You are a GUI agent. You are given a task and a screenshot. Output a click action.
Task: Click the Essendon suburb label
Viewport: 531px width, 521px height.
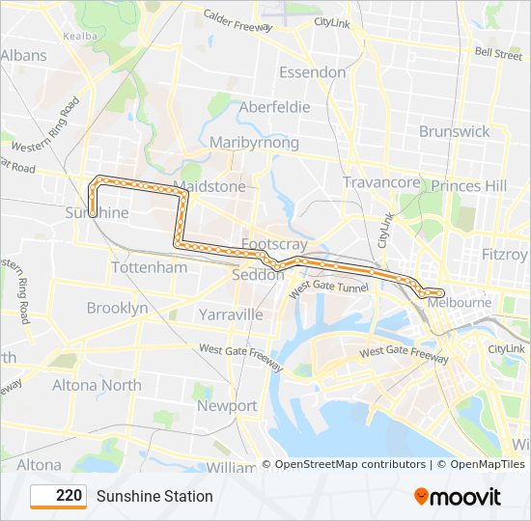click(312, 72)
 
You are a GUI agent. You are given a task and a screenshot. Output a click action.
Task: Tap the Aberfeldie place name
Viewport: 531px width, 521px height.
click(274, 107)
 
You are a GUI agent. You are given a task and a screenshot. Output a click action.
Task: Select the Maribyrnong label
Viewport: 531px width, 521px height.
click(254, 143)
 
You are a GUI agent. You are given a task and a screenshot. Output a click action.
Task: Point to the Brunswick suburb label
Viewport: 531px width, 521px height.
click(455, 131)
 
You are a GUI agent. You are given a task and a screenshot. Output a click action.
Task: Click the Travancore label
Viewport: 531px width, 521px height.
click(382, 182)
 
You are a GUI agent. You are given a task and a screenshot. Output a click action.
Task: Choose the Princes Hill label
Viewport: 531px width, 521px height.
click(469, 185)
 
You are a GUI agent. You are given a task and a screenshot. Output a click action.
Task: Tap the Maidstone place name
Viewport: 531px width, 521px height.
click(210, 185)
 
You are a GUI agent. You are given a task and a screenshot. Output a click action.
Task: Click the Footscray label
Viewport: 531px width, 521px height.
click(275, 244)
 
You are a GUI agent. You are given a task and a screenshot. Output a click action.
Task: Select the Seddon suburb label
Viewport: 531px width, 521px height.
click(259, 275)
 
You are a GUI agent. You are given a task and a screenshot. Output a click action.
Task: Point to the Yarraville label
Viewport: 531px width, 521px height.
click(231, 315)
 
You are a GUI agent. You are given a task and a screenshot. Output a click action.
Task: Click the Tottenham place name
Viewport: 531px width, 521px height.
click(150, 267)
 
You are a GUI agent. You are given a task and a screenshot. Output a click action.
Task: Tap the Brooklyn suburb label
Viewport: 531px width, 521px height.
click(118, 308)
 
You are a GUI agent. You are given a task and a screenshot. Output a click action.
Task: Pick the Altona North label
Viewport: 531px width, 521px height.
click(97, 385)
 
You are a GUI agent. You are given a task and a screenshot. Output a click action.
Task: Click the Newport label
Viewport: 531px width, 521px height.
click(227, 406)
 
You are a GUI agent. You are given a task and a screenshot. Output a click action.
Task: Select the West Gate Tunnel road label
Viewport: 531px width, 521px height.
click(328, 288)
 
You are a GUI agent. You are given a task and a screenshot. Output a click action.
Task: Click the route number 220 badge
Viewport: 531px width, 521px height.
click(60, 496)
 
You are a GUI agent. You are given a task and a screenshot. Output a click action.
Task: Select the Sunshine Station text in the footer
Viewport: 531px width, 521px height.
click(154, 497)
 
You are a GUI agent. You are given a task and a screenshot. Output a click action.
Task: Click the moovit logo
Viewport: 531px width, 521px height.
click(458, 497)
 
